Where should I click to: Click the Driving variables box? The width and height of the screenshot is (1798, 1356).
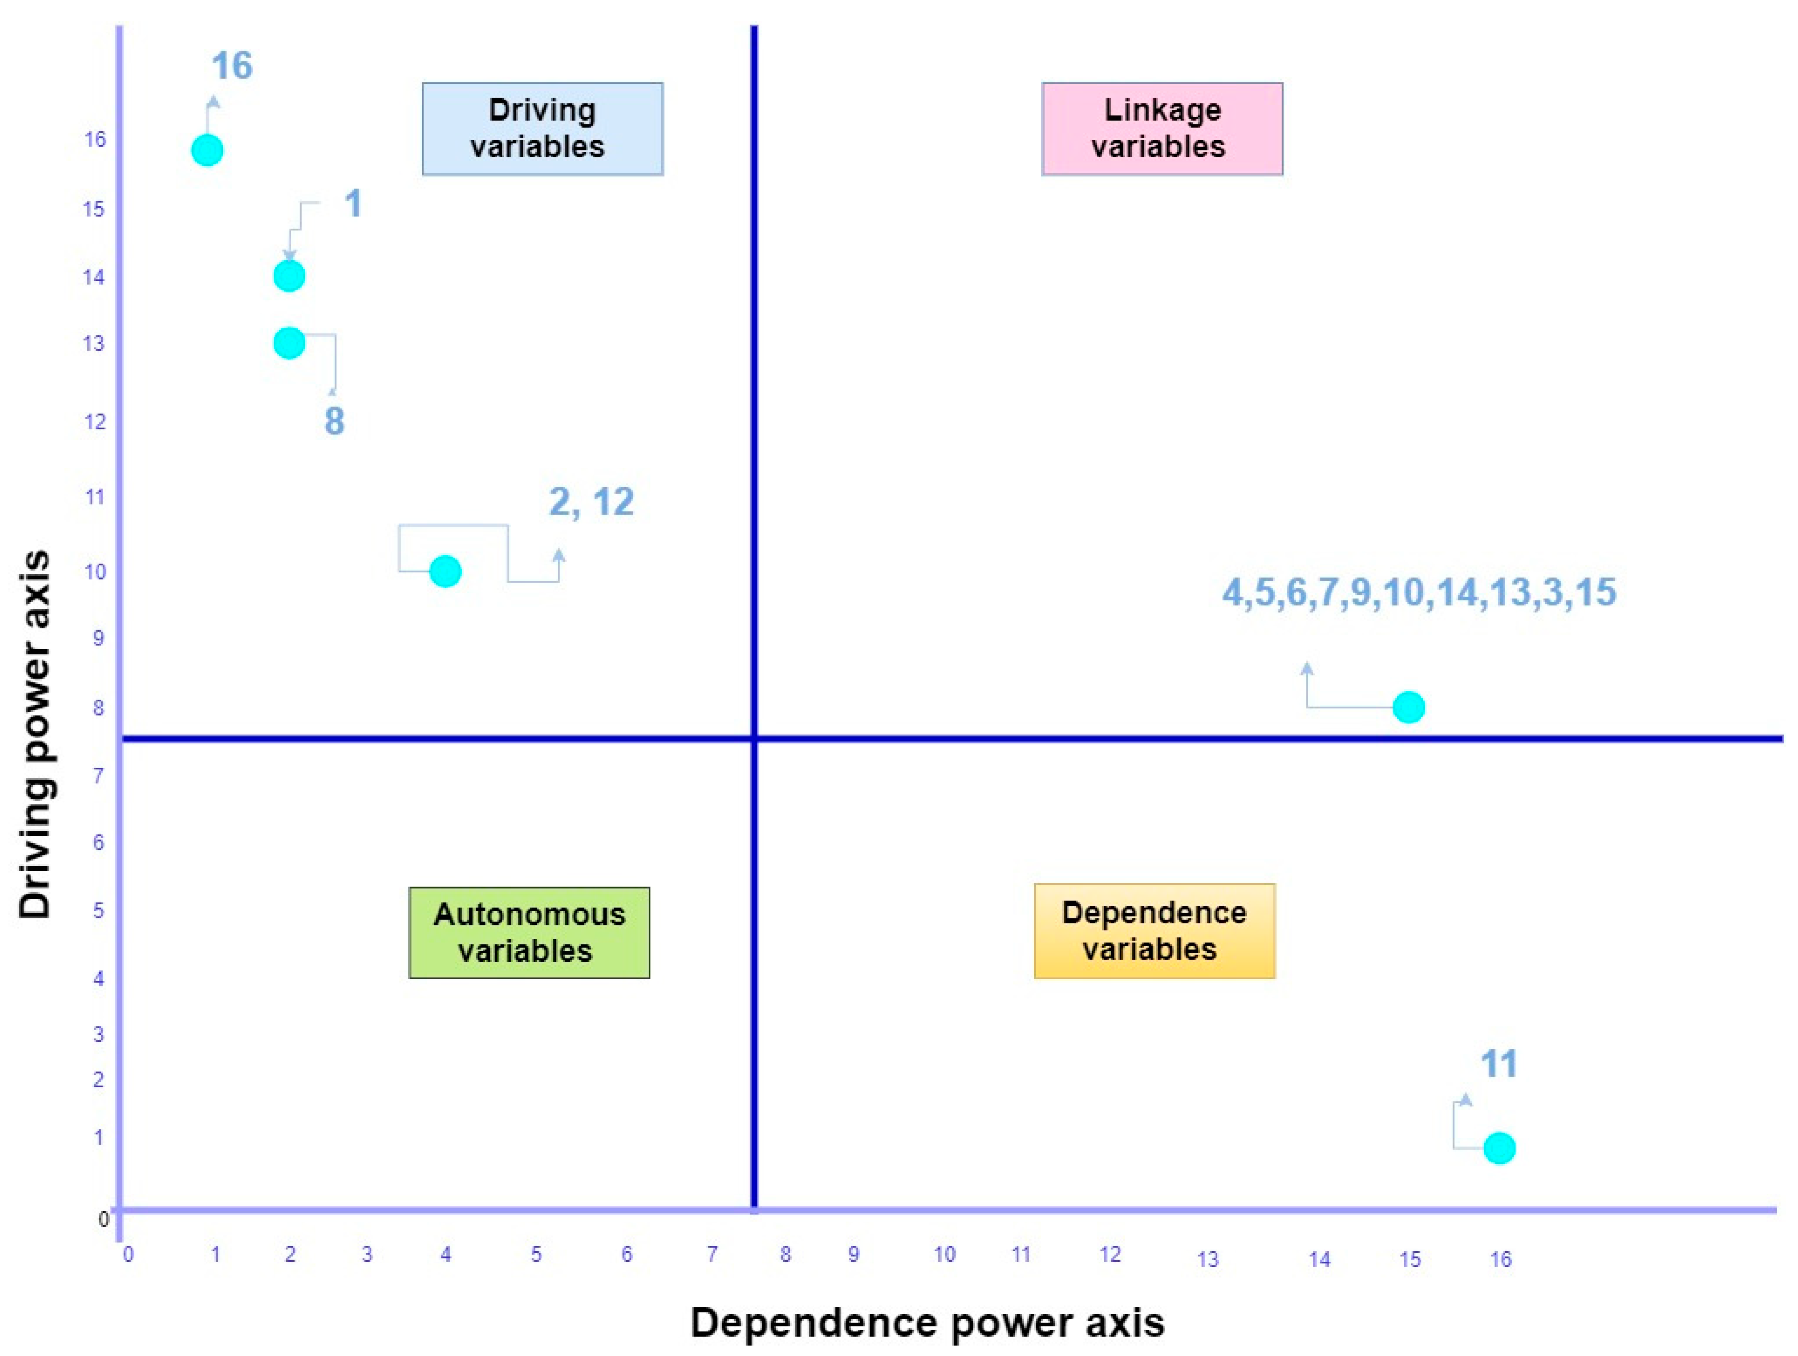(542, 129)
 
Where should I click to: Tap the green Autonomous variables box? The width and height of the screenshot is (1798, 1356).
(529, 933)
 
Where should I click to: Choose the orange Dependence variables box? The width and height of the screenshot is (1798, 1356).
(1154, 931)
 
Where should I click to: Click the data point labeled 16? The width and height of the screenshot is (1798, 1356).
(207, 150)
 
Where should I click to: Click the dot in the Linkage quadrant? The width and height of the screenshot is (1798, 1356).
(1409, 707)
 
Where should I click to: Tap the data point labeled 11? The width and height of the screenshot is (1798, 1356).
(1499, 1148)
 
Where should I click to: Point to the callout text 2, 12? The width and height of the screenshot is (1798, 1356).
(591, 502)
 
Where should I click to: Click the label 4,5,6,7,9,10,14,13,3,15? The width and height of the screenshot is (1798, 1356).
(1419, 592)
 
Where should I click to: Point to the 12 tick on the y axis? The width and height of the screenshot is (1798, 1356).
(95, 421)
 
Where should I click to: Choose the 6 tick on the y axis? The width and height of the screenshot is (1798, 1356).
(98, 842)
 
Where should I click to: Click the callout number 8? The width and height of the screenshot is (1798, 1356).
(334, 421)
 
